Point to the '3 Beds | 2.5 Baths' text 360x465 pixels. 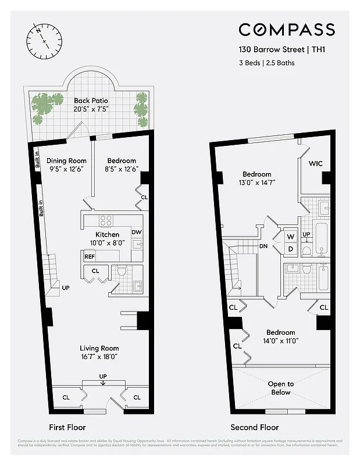pyautogui.click(x=267, y=63)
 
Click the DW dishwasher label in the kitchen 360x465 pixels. pyautogui.click(x=136, y=233)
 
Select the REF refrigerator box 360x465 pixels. pyautogui.click(x=90, y=256)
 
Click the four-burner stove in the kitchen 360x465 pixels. pyautogui.click(x=106, y=220)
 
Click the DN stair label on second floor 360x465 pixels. pyautogui.click(x=263, y=246)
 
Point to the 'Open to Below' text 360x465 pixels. pyautogui.click(x=281, y=388)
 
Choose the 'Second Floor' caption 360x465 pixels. pyautogui.click(x=255, y=427)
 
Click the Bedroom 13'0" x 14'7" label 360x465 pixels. pyautogui.click(x=256, y=178)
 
